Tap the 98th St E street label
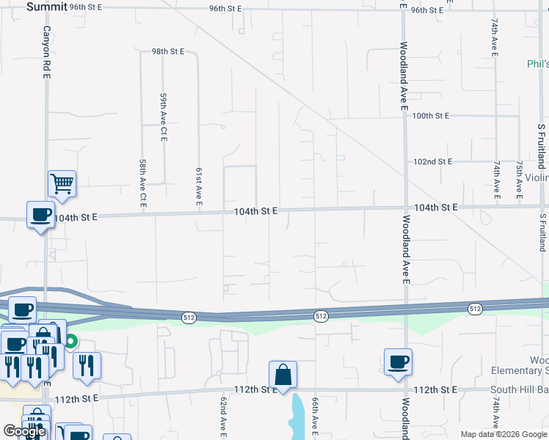pyautogui.click(x=168, y=52)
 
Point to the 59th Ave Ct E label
pyautogui.click(x=164, y=117)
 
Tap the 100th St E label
pyautogui.click(x=430, y=116)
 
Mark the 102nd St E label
pyautogui.click(x=432, y=161)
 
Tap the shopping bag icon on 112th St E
pyautogui.click(x=283, y=375)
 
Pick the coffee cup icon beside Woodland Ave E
pyautogui.click(x=398, y=362)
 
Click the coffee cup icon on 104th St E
pyautogui.click(x=40, y=214)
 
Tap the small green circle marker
pyautogui.click(x=71, y=340)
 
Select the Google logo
pyautogui.click(x=24, y=432)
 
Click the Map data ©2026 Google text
pyautogui.click(x=503, y=434)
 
